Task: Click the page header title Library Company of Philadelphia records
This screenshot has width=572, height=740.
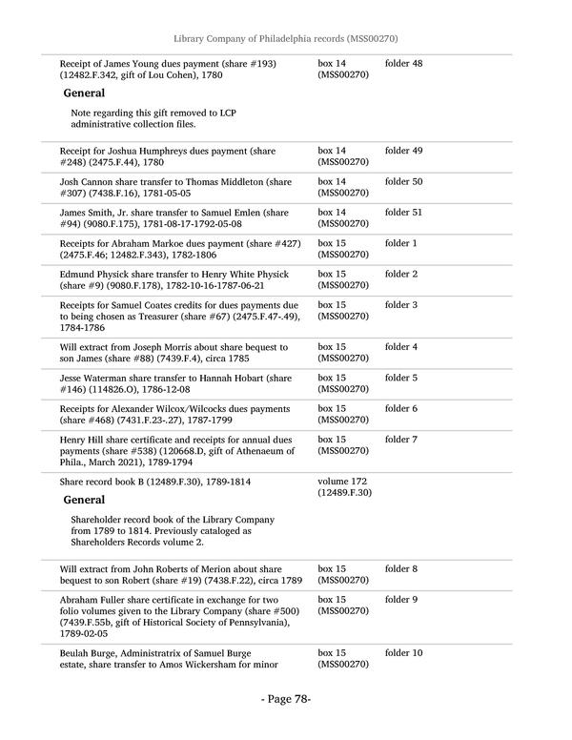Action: click(x=285, y=38)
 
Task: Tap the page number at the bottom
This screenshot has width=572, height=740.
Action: click(x=286, y=699)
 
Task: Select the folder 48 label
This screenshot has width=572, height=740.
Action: click(x=403, y=64)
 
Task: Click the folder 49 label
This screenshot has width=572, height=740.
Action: click(x=403, y=152)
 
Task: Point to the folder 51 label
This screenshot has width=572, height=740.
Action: click(x=403, y=212)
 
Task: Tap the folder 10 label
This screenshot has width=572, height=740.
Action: click(x=403, y=653)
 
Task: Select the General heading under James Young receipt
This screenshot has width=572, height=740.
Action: click(x=84, y=93)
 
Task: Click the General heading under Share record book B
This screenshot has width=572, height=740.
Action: click(x=84, y=500)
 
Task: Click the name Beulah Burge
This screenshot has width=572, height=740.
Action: click(x=90, y=653)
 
